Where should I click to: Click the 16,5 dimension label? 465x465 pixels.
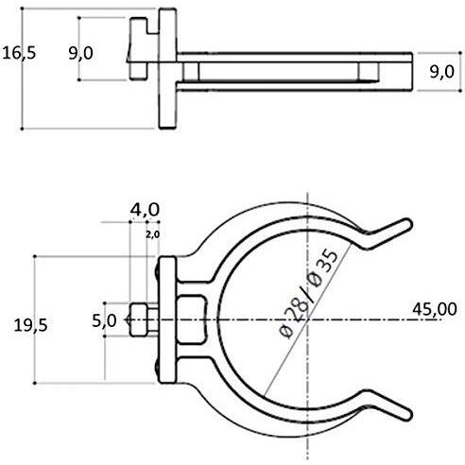(19, 53)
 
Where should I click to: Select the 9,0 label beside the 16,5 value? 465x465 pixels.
(80, 53)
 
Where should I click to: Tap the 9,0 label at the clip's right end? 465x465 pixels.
(442, 72)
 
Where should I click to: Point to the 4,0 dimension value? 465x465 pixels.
(145, 210)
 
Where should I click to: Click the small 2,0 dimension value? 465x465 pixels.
(153, 234)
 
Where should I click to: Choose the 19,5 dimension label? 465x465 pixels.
(31, 325)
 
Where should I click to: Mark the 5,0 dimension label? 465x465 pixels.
(104, 321)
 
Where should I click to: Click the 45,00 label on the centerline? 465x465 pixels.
(435, 309)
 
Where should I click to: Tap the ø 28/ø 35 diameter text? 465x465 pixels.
(309, 294)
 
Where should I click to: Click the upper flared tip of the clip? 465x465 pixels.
(407, 223)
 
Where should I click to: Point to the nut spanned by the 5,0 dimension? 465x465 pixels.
(139, 319)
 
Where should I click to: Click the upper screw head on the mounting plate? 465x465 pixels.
(157, 270)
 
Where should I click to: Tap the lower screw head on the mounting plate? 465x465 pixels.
(157, 370)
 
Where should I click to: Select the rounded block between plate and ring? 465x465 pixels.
(191, 319)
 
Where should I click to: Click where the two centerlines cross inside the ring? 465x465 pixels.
(307, 319)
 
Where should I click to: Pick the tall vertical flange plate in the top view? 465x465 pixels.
(167, 69)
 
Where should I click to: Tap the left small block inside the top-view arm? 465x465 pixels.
(191, 72)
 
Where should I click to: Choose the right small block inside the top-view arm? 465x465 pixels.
(369, 72)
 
